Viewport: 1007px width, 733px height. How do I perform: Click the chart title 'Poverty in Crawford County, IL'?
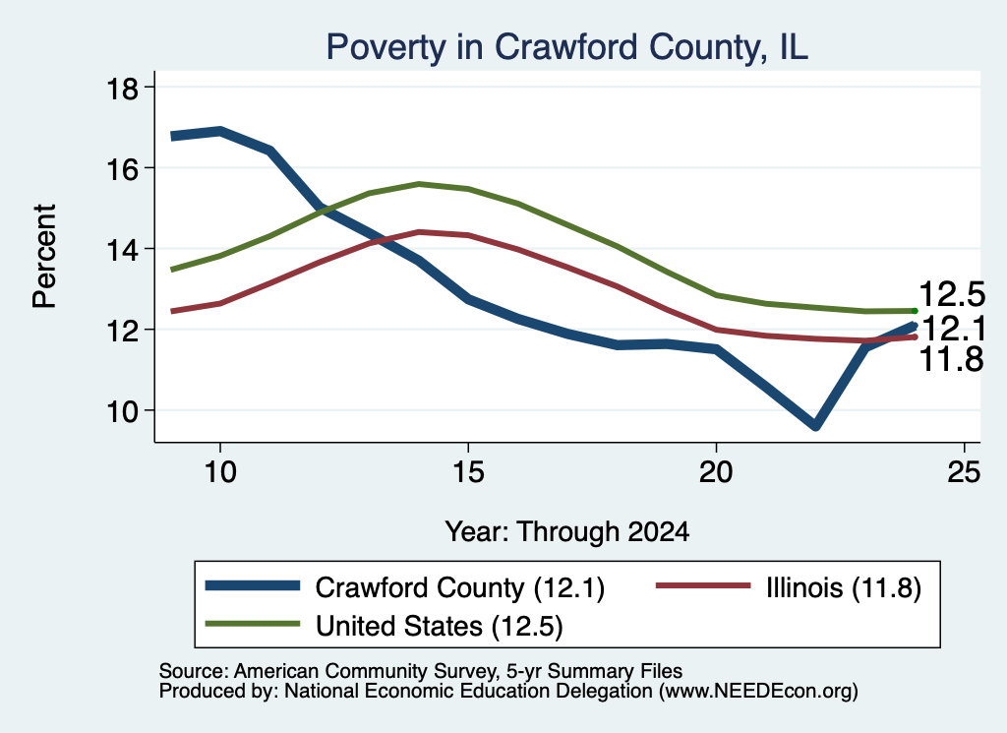[x=566, y=47]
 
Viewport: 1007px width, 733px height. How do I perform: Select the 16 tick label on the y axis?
[x=122, y=169]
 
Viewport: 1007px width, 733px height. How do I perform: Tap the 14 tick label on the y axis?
[x=122, y=250]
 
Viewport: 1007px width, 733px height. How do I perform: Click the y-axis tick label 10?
[x=122, y=411]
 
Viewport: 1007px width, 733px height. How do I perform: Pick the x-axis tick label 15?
[x=468, y=472]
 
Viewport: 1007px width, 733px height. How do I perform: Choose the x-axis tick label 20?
[x=716, y=472]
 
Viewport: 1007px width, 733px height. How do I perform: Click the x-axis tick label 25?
[x=964, y=472]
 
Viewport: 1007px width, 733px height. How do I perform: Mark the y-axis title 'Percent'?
[x=45, y=257]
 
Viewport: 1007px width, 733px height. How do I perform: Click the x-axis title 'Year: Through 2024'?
[x=567, y=532]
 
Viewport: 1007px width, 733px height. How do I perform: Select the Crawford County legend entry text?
[x=460, y=587]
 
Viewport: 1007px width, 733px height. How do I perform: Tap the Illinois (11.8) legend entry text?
[x=843, y=587]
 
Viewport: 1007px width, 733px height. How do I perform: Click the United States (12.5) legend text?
[x=440, y=627]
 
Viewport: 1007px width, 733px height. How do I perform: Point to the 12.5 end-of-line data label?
[x=952, y=294]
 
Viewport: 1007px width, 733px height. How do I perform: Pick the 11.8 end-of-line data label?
[x=951, y=359]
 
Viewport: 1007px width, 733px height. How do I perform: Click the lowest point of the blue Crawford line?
[x=815, y=425]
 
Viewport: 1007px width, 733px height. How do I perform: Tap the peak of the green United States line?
[x=419, y=184]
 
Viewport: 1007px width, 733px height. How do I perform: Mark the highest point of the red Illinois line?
[x=419, y=232]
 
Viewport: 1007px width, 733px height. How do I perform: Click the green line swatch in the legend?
[x=253, y=624]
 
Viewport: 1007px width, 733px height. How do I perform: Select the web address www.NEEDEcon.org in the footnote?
[x=757, y=692]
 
